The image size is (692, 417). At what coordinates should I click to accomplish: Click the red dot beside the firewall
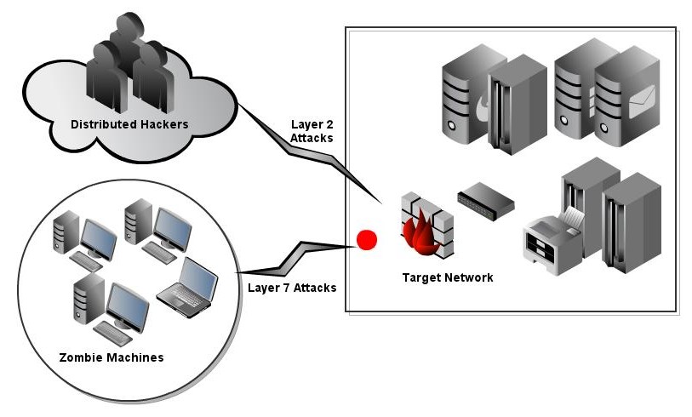[367, 240]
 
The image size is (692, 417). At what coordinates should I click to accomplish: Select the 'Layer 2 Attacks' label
[312, 129]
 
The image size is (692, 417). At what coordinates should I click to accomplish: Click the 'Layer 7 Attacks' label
[291, 288]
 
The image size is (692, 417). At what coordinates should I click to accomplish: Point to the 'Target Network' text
[448, 277]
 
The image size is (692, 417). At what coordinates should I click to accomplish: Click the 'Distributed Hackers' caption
[129, 125]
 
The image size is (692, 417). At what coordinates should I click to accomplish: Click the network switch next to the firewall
[487, 201]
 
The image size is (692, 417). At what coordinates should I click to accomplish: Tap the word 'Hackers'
[163, 125]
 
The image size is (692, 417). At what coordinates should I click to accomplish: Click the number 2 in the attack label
[329, 123]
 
